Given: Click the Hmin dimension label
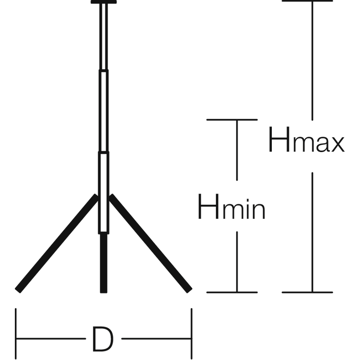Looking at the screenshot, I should coord(231,207).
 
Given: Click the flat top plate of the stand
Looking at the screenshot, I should coord(103,2).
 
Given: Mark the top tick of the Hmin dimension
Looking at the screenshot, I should coord(232,119).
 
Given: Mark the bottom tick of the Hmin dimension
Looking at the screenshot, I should coord(232,292).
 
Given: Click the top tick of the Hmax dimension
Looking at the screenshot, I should coord(307,1).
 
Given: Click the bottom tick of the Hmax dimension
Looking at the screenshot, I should coord(307,292).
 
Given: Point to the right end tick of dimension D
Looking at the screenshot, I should coord(192,333).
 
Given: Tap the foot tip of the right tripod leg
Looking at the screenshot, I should coord(189,289).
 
